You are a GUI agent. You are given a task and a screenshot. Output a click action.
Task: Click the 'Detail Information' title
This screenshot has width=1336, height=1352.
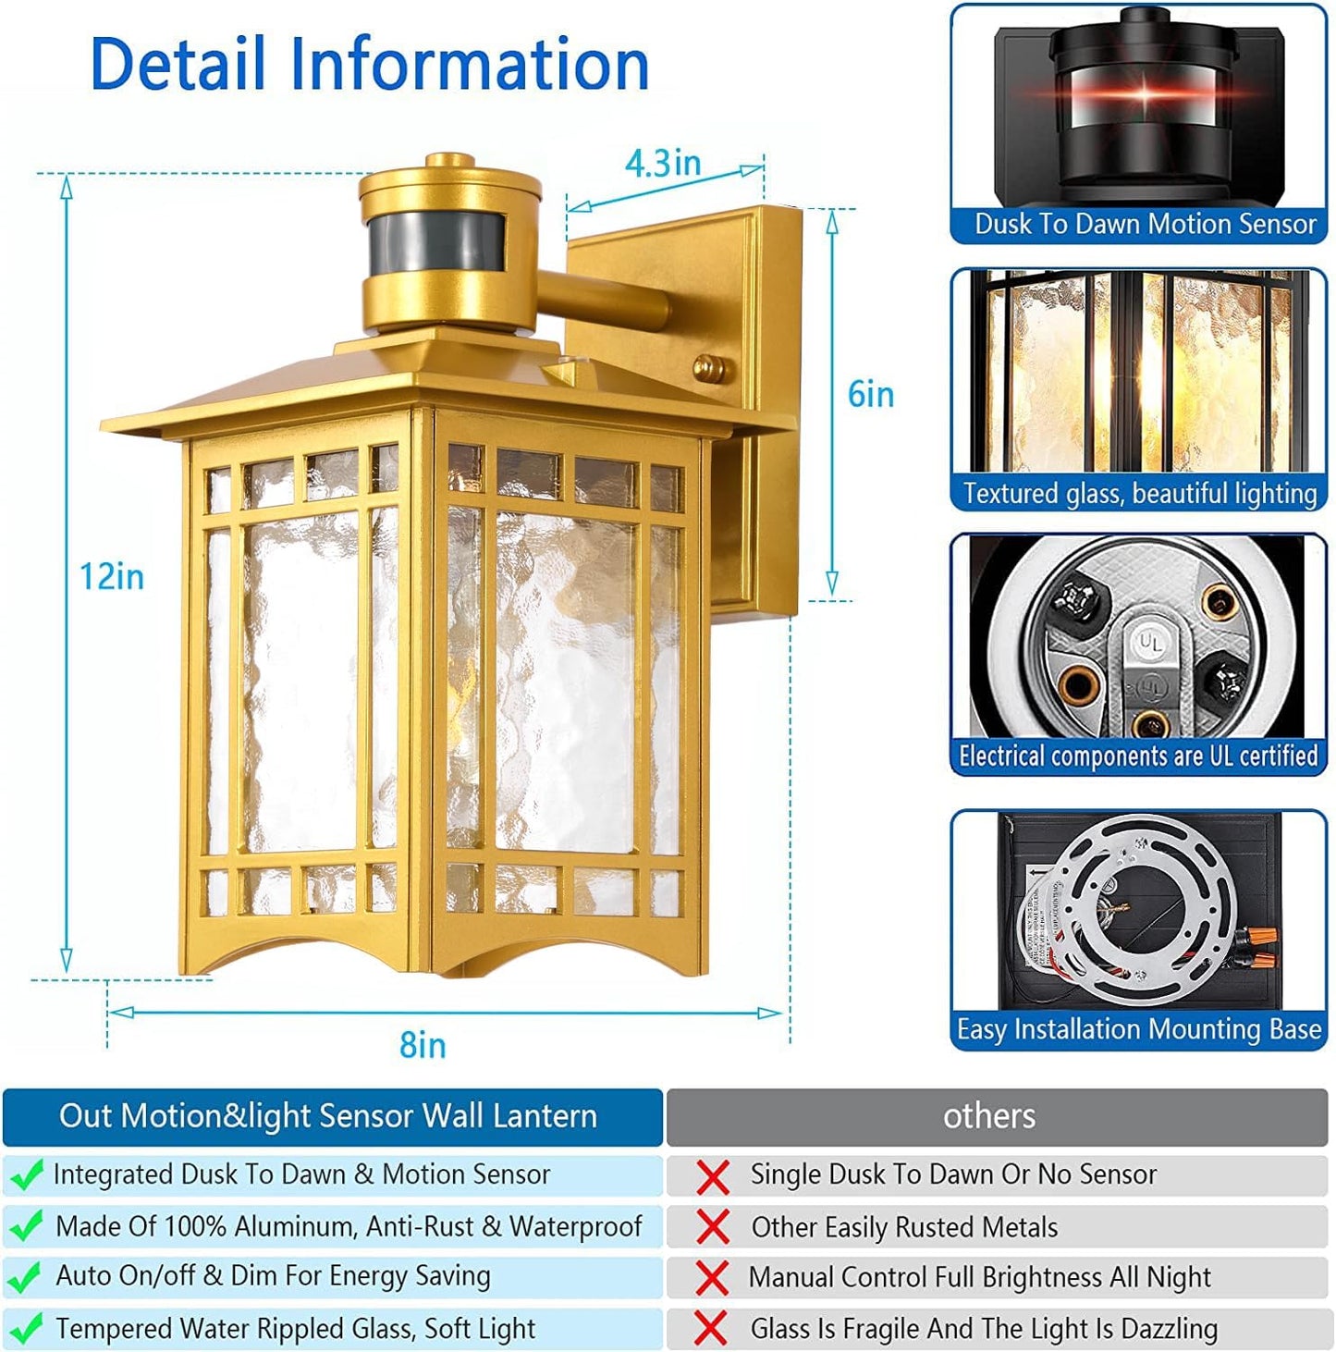370,64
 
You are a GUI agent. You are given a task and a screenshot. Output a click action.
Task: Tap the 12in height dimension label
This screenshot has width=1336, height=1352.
111,576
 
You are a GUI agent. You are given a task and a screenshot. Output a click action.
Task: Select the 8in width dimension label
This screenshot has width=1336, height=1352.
423,1045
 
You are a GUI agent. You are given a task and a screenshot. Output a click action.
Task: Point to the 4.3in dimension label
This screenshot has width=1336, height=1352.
662,164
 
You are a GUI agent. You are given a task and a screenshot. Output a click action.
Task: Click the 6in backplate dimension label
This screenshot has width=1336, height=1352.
870,395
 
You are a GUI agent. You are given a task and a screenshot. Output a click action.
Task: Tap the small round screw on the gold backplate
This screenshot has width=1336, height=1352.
709,368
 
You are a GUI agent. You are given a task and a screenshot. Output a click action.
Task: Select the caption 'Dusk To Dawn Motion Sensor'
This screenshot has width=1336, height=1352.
1145,224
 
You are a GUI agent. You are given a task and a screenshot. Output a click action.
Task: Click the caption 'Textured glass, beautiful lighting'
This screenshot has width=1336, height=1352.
1139,493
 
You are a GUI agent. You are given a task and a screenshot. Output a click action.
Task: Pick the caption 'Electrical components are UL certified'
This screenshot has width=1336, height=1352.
1138,756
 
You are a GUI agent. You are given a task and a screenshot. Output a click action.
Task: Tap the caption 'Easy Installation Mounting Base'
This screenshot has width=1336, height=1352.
1138,1029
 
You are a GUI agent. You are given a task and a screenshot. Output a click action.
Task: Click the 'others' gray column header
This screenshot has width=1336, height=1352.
988,1116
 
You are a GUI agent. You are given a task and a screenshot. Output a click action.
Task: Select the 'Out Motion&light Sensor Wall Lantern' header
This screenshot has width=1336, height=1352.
328,1116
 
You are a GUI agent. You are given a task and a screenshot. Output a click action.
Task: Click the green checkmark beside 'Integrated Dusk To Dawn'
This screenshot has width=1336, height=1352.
26,1174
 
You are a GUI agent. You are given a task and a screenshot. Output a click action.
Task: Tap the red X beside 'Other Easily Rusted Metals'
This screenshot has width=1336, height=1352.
712,1227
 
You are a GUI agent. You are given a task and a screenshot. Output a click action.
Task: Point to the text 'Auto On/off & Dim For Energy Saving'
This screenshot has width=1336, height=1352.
273,1276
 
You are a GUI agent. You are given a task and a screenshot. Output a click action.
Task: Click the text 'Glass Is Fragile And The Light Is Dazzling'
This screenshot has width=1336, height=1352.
984,1329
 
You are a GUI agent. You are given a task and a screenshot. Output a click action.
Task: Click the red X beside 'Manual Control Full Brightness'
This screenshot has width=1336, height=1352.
712,1278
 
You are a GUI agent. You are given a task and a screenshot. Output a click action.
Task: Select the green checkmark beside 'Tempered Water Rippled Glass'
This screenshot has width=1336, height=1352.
26,1329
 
